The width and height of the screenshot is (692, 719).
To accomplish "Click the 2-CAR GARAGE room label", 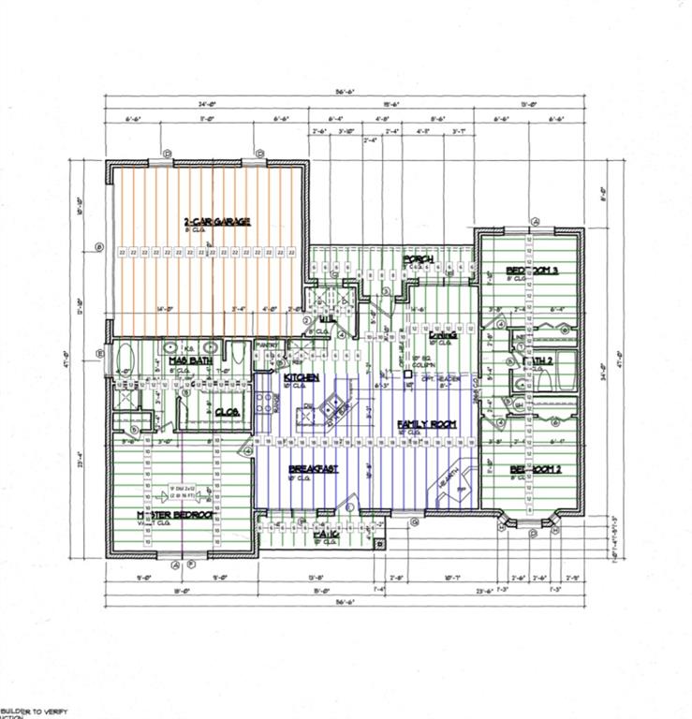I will (217, 221).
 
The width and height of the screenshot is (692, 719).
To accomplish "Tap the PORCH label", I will (417, 258).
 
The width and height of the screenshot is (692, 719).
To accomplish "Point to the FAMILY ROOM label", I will (426, 424).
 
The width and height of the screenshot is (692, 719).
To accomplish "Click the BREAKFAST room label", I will (314, 468).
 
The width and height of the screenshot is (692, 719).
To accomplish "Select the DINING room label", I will (441, 334).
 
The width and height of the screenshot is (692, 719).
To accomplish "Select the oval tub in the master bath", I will (125, 359).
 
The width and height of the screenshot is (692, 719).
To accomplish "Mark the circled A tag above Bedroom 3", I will (536, 221).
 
